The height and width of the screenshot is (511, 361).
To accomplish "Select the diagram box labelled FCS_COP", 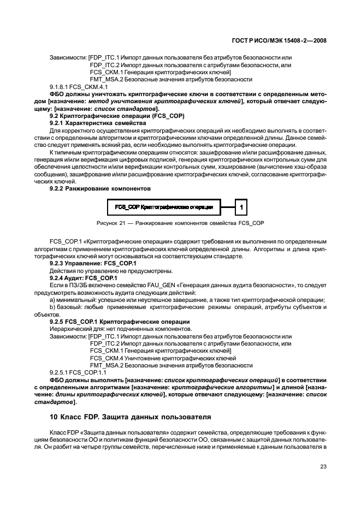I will click(164, 207).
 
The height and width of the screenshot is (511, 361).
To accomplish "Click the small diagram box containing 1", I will click(242, 207).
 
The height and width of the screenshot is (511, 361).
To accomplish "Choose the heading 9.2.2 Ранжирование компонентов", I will click(100, 188).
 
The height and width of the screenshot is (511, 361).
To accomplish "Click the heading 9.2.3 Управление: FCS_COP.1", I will click(93, 263).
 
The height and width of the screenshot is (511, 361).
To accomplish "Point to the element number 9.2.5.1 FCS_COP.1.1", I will click(79, 372).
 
